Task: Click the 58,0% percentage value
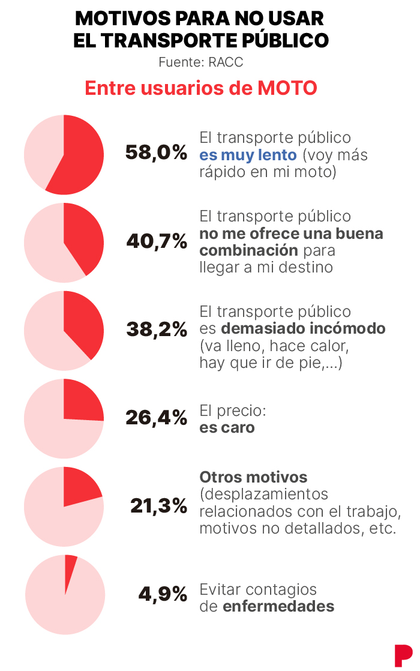(x=156, y=153)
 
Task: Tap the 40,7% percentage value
(x=157, y=241)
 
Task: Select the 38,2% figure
(x=157, y=329)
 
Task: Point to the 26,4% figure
(x=157, y=418)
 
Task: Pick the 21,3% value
(x=159, y=506)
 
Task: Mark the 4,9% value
(x=163, y=594)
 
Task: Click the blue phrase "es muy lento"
(x=248, y=155)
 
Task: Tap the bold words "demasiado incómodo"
(x=303, y=329)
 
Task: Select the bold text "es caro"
(x=227, y=427)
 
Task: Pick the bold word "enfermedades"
(x=278, y=606)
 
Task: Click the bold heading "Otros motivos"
(x=253, y=477)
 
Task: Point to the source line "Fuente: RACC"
(x=200, y=62)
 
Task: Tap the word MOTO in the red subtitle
(x=287, y=88)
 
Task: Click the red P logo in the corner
(x=403, y=655)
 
